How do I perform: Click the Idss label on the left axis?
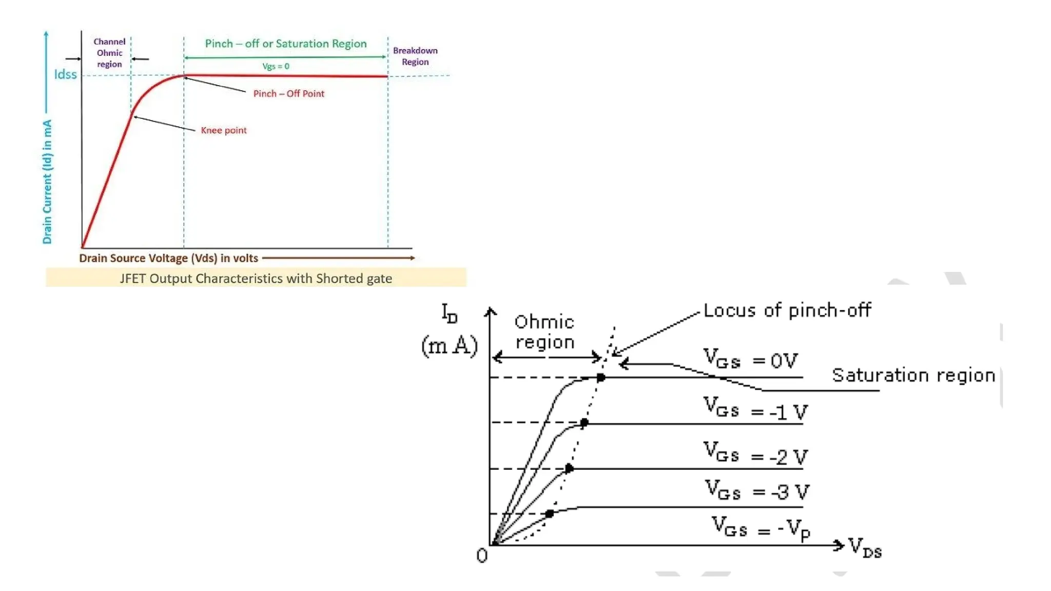point(65,75)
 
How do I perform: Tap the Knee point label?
point(223,130)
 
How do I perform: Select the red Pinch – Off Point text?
point(288,93)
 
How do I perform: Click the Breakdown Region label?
point(415,56)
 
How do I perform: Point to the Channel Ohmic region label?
point(109,53)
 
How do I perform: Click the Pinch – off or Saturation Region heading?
point(286,44)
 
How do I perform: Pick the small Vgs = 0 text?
point(276,66)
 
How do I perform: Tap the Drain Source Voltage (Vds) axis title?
point(168,258)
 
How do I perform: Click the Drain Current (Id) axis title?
point(47,182)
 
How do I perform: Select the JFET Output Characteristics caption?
point(256,278)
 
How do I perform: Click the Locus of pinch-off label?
point(787,310)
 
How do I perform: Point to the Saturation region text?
point(913,375)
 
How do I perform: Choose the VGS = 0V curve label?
point(750,359)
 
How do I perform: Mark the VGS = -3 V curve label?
point(756,490)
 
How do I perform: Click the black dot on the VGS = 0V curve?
point(600,378)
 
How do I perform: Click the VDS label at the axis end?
point(865,547)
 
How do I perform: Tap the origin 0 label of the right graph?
point(482,556)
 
